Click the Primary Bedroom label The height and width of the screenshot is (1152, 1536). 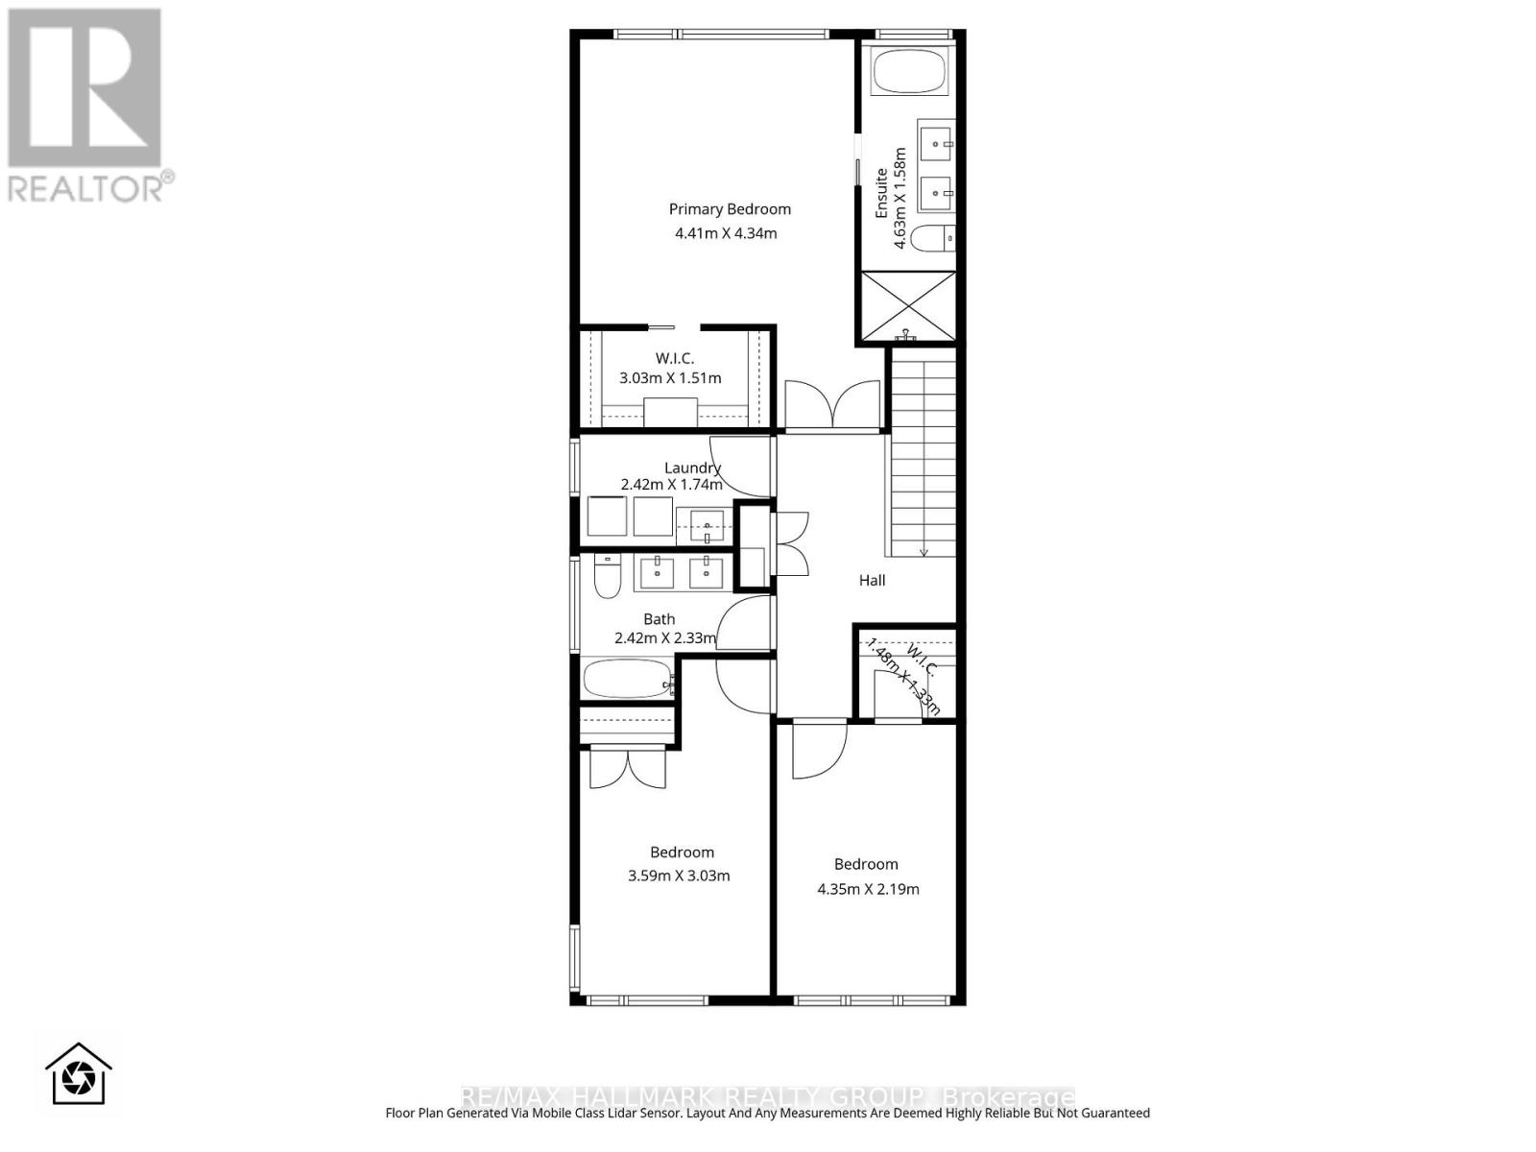pos(730,209)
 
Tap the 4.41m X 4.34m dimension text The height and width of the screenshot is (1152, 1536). pos(726,233)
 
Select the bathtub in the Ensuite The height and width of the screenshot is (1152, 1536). pos(909,72)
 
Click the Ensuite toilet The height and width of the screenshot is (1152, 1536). pos(931,238)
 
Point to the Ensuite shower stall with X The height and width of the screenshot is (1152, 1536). pos(907,306)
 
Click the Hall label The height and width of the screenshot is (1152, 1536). pos(872,580)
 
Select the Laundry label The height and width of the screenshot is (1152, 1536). pos(692,468)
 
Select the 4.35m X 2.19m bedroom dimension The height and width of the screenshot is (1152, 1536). pos(868,889)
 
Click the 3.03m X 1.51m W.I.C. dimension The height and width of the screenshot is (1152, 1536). pos(670,378)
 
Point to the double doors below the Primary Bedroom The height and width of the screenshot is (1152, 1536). pos(832,405)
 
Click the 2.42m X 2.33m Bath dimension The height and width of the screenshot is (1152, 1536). pos(665,637)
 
